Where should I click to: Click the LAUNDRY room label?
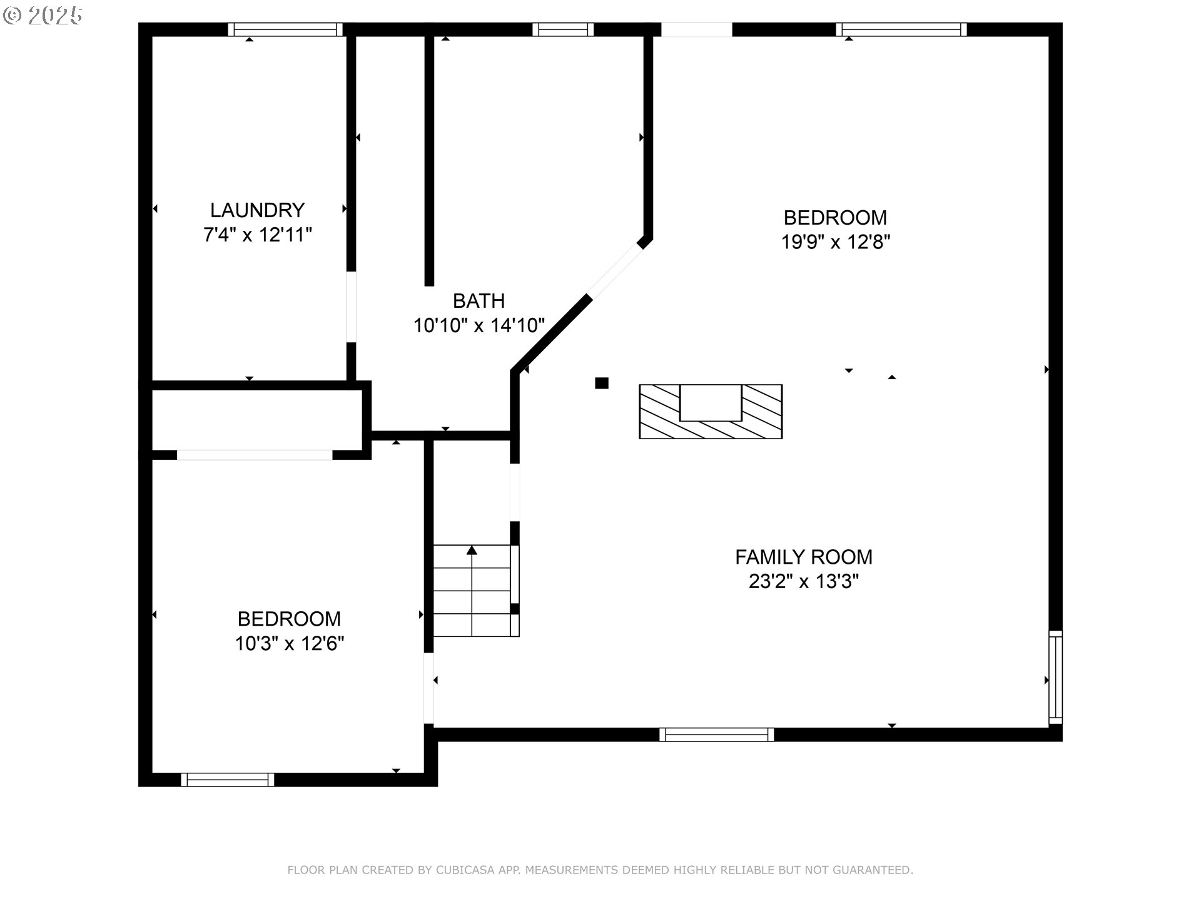point(257,210)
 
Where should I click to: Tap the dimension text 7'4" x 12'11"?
point(257,235)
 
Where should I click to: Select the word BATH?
point(479,301)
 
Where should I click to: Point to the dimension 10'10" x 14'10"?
point(479,325)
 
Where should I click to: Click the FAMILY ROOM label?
point(803,557)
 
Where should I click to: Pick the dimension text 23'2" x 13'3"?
point(803,582)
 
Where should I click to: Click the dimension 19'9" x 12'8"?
point(835,242)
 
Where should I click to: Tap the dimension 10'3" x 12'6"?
point(289,643)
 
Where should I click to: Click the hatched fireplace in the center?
point(710,412)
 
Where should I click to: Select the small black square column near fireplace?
point(602,383)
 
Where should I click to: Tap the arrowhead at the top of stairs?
point(472,550)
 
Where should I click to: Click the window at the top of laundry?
point(285,29)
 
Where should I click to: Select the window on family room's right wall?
point(1055,677)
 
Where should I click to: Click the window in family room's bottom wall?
point(716,735)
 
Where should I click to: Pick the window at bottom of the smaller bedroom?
point(228,780)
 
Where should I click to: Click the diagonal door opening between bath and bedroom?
point(615,272)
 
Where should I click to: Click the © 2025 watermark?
point(43,16)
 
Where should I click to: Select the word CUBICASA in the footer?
point(465,870)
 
